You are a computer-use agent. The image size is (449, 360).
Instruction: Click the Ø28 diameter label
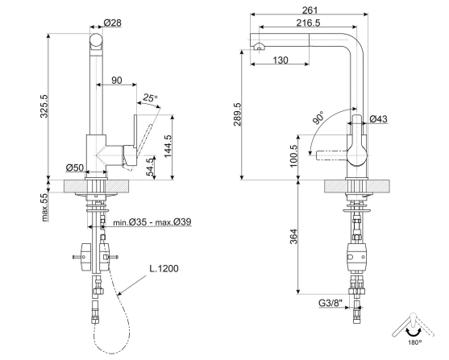(x=112, y=23)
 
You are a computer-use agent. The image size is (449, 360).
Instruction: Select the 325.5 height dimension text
(x=44, y=106)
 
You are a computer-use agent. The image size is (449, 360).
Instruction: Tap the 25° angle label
(x=150, y=98)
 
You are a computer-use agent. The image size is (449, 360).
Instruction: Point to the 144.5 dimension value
(x=168, y=146)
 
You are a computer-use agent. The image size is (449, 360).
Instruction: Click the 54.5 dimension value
(x=150, y=168)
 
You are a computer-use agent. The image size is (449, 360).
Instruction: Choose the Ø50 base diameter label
(x=75, y=168)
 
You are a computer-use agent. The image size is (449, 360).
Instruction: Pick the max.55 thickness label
(x=44, y=208)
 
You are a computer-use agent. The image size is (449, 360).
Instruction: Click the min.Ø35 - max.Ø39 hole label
(x=152, y=221)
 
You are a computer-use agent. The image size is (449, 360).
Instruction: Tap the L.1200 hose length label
(x=164, y=268)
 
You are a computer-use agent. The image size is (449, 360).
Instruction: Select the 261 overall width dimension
(x=310, y=10)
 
